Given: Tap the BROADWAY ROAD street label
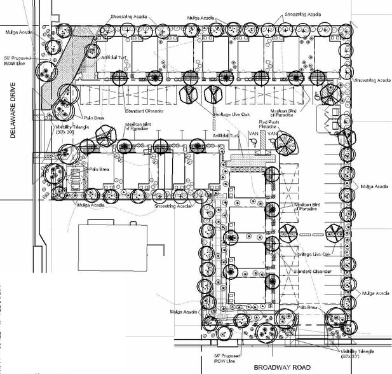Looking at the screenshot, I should pos(282,368).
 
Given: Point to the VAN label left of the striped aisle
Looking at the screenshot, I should pos(252,135).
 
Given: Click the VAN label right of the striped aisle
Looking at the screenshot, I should pos(272,135).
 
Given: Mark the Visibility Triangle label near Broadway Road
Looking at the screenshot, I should pos(356,353).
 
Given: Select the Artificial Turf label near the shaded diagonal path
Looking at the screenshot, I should pos(113,57).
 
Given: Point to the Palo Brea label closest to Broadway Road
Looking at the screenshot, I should pos(306,307).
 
